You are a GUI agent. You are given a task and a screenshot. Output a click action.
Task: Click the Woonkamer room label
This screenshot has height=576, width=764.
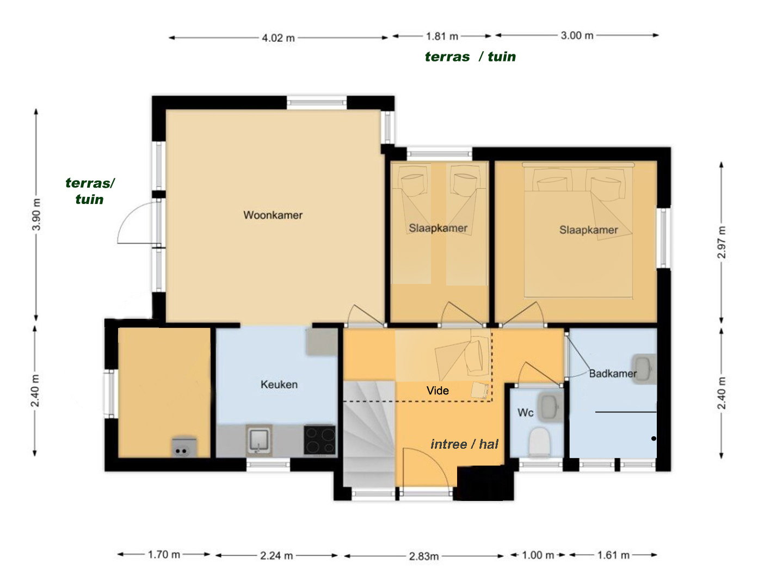tap(273, 215)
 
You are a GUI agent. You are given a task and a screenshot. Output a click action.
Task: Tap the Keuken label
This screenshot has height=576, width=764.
tap(279, 385)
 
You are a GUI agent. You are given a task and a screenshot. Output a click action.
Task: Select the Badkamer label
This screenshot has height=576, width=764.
tap(613, 374)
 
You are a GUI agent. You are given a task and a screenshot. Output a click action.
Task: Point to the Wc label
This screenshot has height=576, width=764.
tap(525, 412)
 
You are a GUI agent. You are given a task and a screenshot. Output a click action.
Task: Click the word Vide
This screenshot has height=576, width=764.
tap(438, 391)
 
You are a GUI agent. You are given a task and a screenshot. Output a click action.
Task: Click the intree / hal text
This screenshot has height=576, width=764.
tap(464, 444)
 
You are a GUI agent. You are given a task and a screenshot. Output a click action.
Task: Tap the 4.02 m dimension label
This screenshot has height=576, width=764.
tap(278, 38)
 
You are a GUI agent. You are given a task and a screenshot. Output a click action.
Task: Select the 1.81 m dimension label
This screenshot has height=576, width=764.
tap(442, 36)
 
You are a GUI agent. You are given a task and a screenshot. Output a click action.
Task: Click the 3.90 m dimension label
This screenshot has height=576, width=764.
tap(36, 214)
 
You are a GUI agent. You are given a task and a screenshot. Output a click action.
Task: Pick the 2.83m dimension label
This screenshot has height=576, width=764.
tap(423, 556)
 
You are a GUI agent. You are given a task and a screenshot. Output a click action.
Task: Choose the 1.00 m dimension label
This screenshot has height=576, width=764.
tap(538, 555)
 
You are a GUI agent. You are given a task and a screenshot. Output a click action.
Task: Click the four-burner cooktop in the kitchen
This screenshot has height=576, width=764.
tap(319, 440)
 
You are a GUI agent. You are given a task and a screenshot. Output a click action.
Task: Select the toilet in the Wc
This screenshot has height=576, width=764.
tap(539, 442)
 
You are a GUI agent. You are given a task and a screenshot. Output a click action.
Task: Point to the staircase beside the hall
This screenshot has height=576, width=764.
tap(369, 433)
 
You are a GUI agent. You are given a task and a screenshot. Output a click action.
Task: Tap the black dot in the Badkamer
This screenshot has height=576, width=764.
tap(654, 438)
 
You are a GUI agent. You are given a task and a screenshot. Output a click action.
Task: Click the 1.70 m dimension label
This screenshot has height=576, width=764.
tap(164, 554)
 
